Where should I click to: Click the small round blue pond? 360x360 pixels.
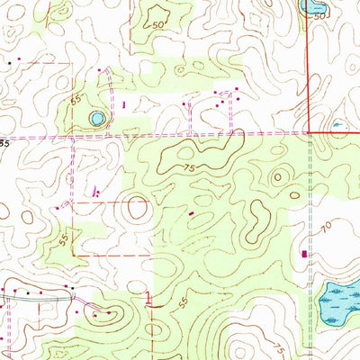tap(96, 118)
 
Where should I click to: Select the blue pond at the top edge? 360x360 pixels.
tap(314, 6)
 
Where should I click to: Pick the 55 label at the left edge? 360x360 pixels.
tap(4, 142)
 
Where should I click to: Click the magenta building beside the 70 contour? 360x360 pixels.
tap(304, 254)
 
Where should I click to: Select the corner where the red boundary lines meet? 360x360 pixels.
tap(309, 132)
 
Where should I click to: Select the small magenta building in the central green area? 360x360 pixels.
tap(190, 212)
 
